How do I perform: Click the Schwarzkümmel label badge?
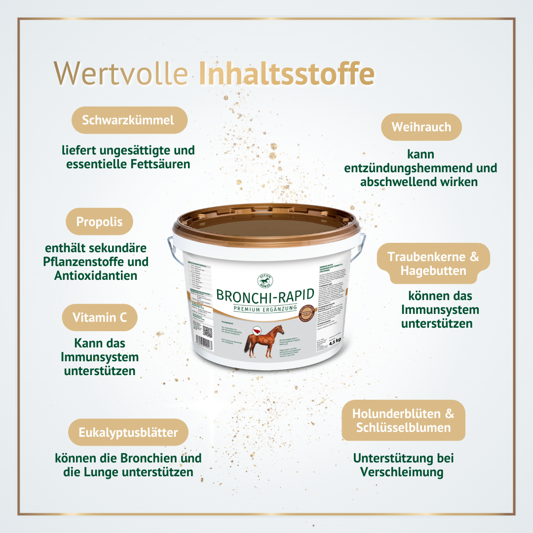pos(129,120)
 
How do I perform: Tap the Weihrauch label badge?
pos(421,127)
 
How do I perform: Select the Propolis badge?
pos(100,222)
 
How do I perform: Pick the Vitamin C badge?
pos(100,317)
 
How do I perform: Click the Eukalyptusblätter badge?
pos(128,432)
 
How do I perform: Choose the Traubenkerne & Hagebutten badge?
pos(433,264)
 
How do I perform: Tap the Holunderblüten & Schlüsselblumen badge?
pos(403,420)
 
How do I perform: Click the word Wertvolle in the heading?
pos(121,74)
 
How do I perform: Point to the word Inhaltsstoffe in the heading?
pos(286,74)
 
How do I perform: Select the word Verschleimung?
pos(402,472)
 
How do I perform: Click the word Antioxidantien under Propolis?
pos(96,275)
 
